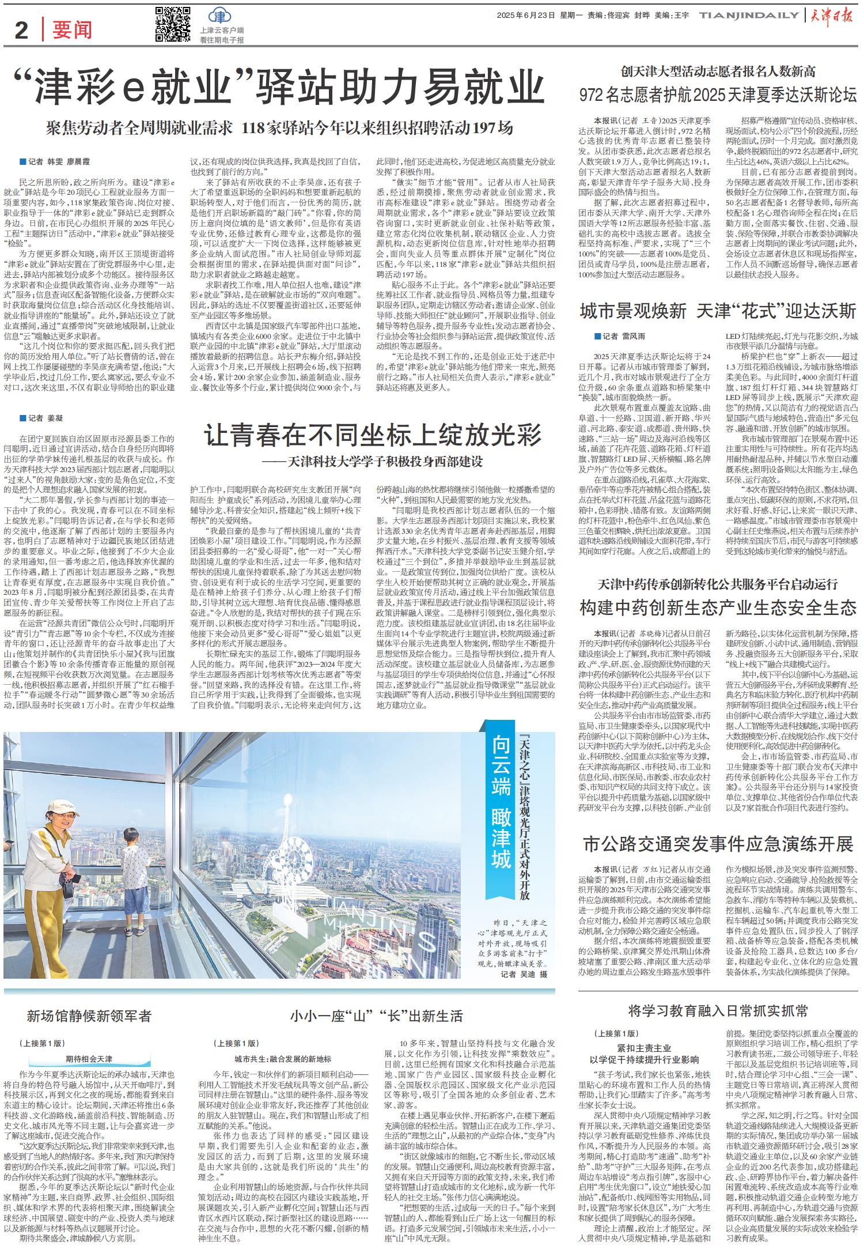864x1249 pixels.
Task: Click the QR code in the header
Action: click(173, 25)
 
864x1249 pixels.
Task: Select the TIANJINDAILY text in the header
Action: click(749, 17)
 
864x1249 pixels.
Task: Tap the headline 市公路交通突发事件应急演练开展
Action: click(718, 844)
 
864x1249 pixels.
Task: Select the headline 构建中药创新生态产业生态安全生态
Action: click(718, 607)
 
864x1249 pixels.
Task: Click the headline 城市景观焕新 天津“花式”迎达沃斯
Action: click(718, 312)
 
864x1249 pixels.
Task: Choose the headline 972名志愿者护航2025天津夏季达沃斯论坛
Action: click(718, 95)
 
